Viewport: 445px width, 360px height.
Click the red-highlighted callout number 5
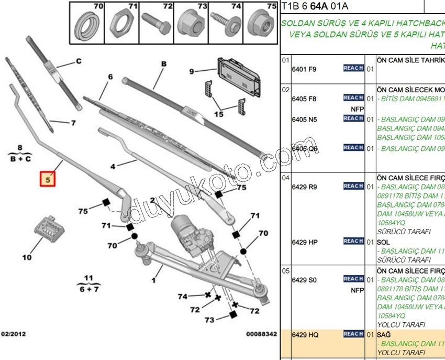(48, 179)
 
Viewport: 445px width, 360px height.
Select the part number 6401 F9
(304, 69)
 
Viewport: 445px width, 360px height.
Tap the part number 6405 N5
(304, 119)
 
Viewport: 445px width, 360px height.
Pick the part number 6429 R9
(304, 187)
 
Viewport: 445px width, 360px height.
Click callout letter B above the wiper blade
(163, 64)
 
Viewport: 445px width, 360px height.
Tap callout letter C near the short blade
(79, 61)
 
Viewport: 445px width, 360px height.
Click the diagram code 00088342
(262, 333)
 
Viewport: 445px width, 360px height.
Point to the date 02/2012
(14, 333)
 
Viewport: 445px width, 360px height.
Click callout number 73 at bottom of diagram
(209, 320)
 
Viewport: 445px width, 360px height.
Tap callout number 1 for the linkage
(153, 281)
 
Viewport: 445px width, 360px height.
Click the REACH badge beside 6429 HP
(353, 241)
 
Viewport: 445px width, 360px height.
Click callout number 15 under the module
(218, 114)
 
